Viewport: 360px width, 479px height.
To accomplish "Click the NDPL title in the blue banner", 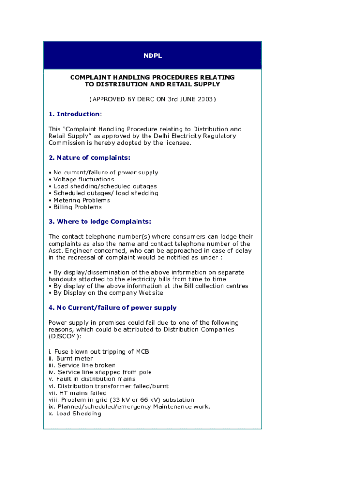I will (x=152, y=56).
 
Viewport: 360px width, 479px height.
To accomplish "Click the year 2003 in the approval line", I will (x=204, y=99).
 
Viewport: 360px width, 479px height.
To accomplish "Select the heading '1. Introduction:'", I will (x=75, y=114).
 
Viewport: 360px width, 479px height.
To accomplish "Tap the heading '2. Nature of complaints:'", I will (x=89, y=158).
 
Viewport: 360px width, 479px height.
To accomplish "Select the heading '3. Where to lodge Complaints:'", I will (x=100, y=222).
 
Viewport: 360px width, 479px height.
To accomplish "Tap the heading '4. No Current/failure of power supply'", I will (x=113, y=308).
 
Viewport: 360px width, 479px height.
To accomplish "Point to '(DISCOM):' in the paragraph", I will (x=65, y=336).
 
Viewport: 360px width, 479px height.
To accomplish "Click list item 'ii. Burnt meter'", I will (x=71, y=359).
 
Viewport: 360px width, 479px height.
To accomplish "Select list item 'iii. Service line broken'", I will (x=82, y=365).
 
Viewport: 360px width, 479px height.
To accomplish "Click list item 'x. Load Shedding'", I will (x=75, y=414).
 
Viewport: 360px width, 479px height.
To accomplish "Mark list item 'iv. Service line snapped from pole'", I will (x=100, y=372).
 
